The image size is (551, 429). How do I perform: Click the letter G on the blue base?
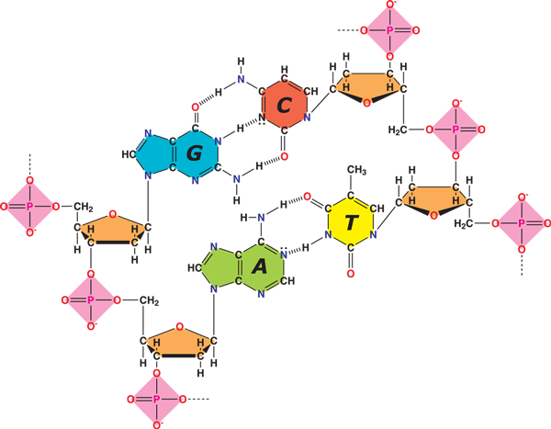click(195, 153)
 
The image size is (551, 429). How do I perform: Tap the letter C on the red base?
click(284, 105)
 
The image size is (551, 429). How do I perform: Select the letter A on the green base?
click(260, 266)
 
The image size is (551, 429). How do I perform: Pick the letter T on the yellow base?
click(352, 222)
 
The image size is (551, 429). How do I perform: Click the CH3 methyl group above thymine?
click(356, 170)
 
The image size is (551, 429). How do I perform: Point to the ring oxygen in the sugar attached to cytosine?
click(366, 103)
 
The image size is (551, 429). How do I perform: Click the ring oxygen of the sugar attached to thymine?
click(433, 215)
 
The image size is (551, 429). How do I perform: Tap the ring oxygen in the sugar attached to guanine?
click(112, 214)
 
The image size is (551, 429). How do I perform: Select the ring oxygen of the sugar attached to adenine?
click(179, 327)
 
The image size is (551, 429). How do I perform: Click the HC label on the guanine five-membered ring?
click(129, 154)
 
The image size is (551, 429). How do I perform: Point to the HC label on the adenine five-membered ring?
click(195, 268)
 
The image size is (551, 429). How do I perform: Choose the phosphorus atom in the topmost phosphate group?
click(389, 30)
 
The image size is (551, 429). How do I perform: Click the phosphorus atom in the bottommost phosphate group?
click(156, 399)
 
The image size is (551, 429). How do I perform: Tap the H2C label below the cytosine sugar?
click(398, 130)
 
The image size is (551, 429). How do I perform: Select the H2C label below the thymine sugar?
click(463, 223)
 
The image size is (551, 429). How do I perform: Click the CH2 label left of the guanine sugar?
click(83, 207)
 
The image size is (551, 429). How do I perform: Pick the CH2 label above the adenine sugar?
click(149, 300)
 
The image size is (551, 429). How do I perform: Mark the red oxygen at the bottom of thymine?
click(351, 274)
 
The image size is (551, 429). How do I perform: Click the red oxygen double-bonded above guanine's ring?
click(195, 107)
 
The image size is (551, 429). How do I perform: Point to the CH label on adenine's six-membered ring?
click(287, 280)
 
